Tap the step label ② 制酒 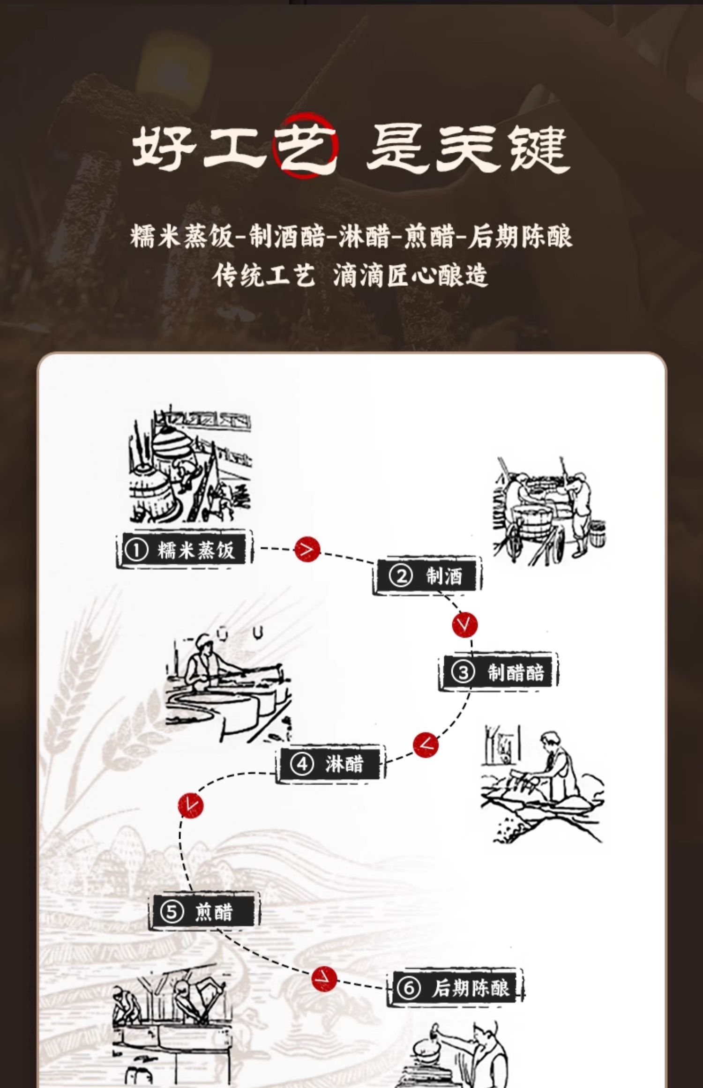427,576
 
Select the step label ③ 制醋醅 498,672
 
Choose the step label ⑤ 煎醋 204,912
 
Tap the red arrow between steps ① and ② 307,549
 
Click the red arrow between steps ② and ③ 465,625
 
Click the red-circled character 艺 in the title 305,146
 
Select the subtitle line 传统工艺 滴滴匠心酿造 350,275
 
